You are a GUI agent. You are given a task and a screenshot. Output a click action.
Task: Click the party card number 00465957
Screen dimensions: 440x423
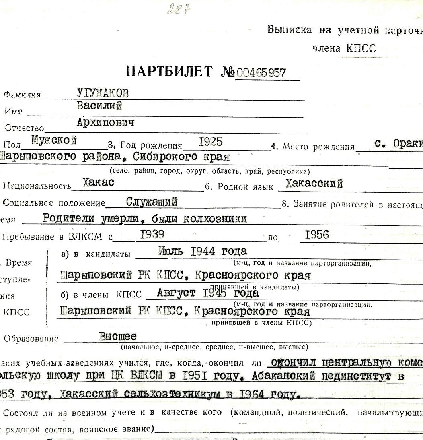(261, 73)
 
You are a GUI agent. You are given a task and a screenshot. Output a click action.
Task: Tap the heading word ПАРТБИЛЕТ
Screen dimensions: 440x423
(169, 72)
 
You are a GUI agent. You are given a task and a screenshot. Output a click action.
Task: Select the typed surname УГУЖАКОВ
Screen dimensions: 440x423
(103, 94)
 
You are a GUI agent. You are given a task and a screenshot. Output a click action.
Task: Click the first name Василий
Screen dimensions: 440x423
(99, 107)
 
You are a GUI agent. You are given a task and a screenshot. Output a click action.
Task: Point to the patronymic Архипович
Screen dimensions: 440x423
(105, 123)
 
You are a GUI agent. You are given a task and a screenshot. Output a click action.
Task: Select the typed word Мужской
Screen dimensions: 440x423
(54, 141)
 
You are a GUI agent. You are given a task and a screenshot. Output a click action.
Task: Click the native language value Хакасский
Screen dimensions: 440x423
(314, 184)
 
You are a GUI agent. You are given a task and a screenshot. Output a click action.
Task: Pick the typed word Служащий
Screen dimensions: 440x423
(152, 201)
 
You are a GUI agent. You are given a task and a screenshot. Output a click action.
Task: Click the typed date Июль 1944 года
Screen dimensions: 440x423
(197, 252)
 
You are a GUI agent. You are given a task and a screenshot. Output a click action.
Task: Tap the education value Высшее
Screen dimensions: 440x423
(118, 336)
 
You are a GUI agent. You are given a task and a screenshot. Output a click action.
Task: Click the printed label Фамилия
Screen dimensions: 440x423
(22, 95)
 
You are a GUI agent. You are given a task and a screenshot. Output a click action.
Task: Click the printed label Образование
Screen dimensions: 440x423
(31, 339)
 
